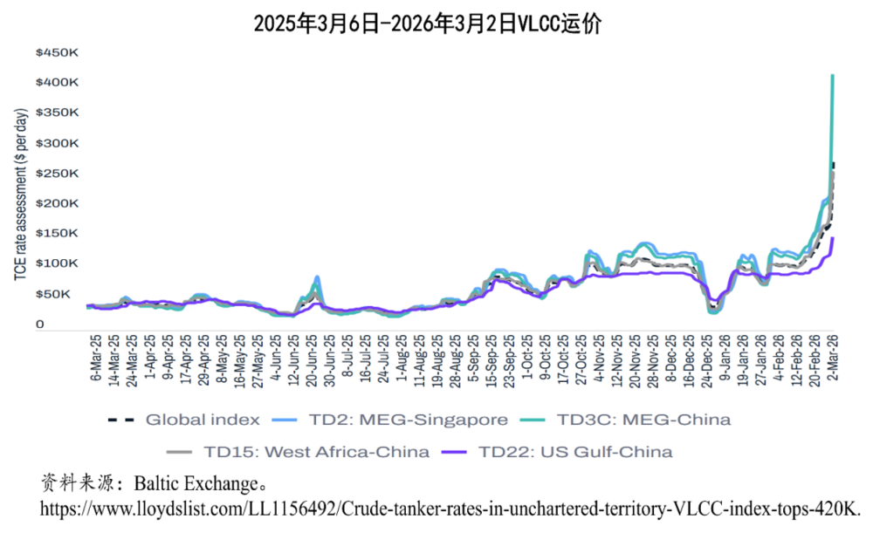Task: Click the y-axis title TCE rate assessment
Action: [x=20, y=195]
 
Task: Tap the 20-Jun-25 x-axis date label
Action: [x=313, y=362]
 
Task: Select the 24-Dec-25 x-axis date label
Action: [x=707, y=360]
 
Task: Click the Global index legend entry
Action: [x=184, y=420]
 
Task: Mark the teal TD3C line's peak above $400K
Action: [x=833, y=76]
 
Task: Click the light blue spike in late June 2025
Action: [x=317, y=277]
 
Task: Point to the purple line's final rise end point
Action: [x=833, y=238]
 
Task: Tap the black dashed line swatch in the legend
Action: [x=120, y=420]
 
